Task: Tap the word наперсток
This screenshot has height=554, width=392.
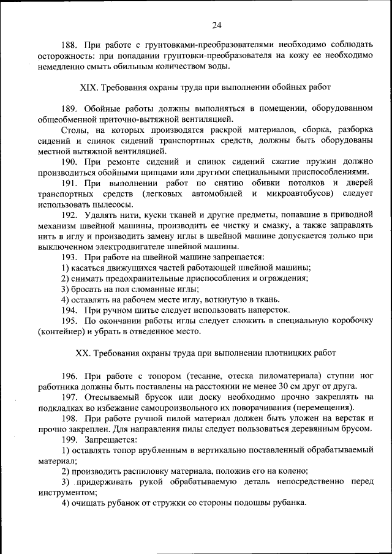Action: (268, 310)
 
